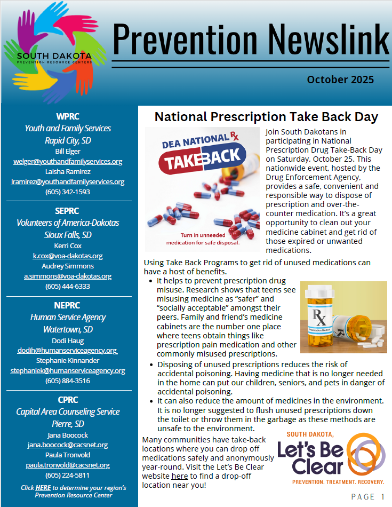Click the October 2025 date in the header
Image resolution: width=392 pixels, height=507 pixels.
tap(340, 80)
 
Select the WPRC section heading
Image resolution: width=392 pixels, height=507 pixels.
tap(68, 116)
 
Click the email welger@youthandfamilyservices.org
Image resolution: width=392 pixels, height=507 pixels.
tap(68, 161)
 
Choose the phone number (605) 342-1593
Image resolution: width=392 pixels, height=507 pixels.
tap(68, 192)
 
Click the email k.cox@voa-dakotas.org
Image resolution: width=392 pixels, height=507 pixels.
tap(68, 256)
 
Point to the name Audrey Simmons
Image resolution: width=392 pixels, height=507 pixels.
tap(68, 266)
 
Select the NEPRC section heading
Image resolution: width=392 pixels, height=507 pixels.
tap(68, 305)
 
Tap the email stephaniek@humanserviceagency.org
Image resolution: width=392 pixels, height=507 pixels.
tap(68, 370)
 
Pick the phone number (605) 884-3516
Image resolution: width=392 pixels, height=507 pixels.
tap(68, 381)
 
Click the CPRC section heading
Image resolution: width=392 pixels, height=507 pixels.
tap(68, 400)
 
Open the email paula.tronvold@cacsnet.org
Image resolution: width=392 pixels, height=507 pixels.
tap(68, 465)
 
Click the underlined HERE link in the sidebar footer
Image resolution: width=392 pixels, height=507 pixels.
tap(43, 488)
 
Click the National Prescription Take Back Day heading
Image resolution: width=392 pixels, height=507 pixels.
tap(266, 116)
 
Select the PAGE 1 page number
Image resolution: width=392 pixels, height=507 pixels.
tap(368, 497)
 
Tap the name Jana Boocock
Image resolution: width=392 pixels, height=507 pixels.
tap(68, 435)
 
